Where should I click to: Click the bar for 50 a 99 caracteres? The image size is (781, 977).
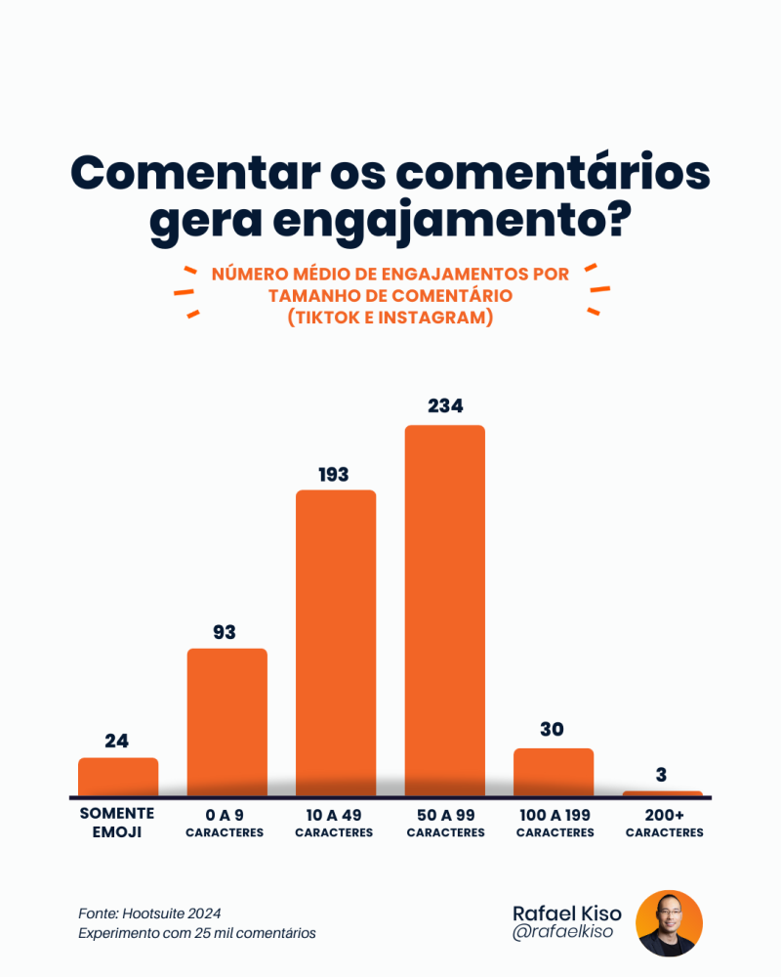pos(445,611)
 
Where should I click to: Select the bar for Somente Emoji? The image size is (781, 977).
pos(118,777)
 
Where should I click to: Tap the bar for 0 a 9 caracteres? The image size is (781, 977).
pos(226,722)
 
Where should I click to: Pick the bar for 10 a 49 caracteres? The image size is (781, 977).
pos(336,643)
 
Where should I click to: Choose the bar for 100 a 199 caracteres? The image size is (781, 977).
pos(554,772)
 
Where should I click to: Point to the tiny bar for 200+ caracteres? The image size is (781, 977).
pos(662,793)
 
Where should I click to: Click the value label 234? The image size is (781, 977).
pos(445,405)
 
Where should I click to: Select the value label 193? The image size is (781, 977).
pos(334,475)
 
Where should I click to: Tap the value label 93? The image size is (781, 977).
pos(225,632)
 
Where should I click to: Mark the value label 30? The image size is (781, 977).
pos(552,730)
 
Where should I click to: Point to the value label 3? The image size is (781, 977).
pos(661,775)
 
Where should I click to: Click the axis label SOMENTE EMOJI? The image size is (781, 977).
pos(117,823)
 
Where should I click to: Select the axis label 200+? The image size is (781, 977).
pos(664,814)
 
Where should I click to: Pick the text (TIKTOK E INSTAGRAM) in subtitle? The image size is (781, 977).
pos(390,319)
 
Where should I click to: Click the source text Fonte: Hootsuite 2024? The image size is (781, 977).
pos(149,913)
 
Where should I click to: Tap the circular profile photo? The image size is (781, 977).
pos(669,923)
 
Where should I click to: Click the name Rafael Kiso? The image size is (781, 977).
pos(566,913)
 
